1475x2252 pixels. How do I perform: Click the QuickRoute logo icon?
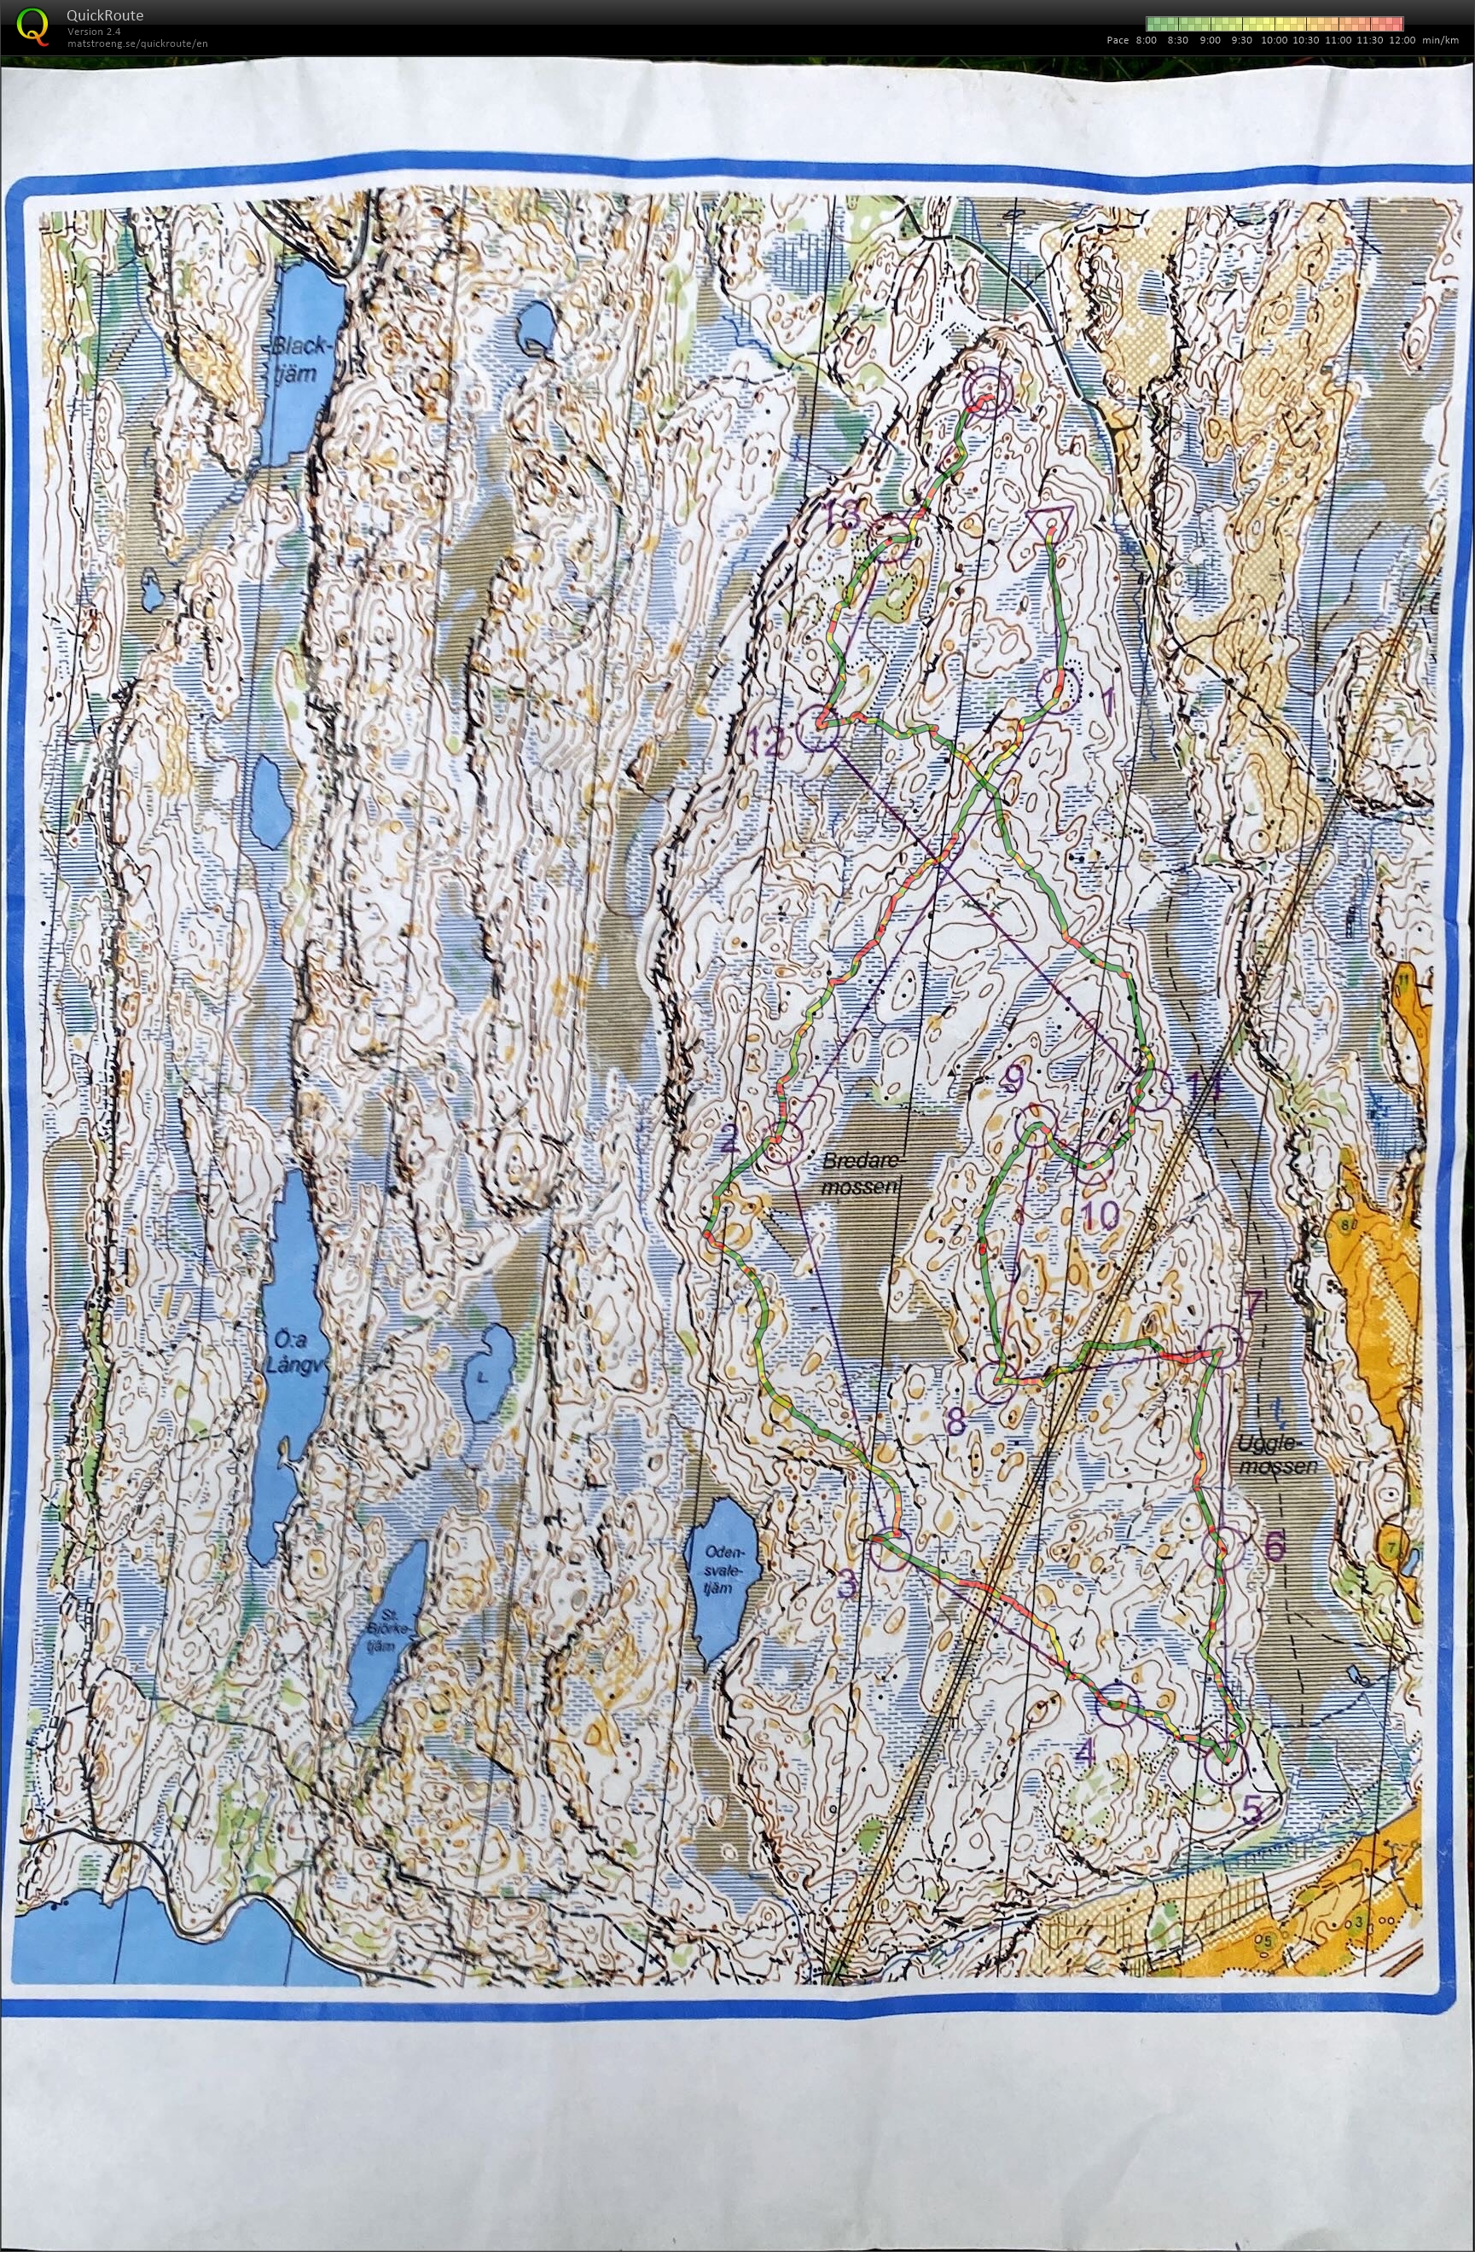pyautogui.click(x=33, y=26)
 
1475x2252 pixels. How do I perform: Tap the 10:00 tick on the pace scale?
pyautogui.click(x=1274, y=41)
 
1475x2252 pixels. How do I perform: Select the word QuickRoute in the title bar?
pyautogui.click(x=105, y=15)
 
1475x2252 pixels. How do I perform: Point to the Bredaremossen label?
pyautogui.click(x=857, y=1173)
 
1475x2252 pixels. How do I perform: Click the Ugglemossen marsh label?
pyautogui.click(x=1277, y=1455)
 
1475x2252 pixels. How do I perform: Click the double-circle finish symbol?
pyautogui.click(x=987, y=391)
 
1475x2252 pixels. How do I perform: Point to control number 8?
pyautogui.click(x=955, y=1421)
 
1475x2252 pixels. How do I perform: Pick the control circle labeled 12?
pyautogui.click(x=819, y=728)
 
